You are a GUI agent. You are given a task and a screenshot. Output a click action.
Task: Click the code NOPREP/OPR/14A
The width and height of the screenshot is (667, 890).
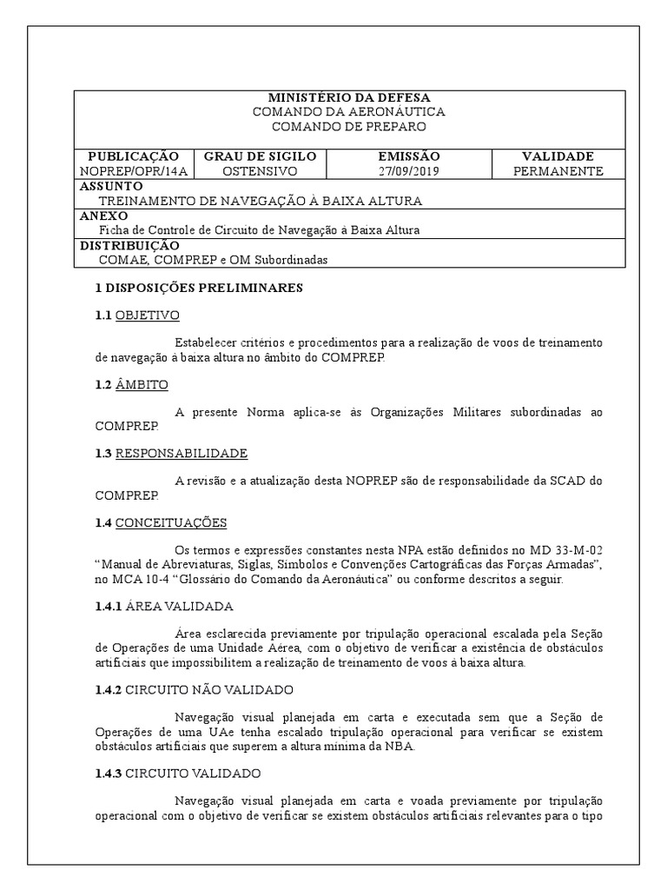pos(133,171)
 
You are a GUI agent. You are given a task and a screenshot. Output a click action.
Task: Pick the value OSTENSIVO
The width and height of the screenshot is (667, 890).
pos(260,171)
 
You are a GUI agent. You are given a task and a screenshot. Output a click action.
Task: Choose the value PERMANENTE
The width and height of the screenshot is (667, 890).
pos(558,171)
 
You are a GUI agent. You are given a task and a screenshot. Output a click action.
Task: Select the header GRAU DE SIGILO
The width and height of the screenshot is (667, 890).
pos(260,156)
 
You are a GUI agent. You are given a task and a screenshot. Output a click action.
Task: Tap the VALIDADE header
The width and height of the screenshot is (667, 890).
pos(558,156)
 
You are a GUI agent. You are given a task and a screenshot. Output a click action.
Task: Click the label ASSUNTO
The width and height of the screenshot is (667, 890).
pos(111,187)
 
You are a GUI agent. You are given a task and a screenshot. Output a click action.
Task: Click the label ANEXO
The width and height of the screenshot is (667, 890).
pos(103,216)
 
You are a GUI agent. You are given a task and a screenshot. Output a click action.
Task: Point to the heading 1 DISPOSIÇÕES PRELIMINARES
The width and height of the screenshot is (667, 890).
pos(198,289)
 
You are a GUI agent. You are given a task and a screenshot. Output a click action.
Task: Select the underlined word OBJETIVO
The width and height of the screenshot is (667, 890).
pos(148,315)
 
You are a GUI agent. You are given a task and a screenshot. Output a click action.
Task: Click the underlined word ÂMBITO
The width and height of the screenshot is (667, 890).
pos(142,384)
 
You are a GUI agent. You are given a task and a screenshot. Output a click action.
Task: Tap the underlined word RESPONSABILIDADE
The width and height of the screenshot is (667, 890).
pos(182,454)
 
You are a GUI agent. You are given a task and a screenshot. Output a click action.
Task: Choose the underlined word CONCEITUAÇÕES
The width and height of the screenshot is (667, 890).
pos(171,522)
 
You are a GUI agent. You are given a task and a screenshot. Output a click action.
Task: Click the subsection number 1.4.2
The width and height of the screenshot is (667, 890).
pos(109,690)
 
